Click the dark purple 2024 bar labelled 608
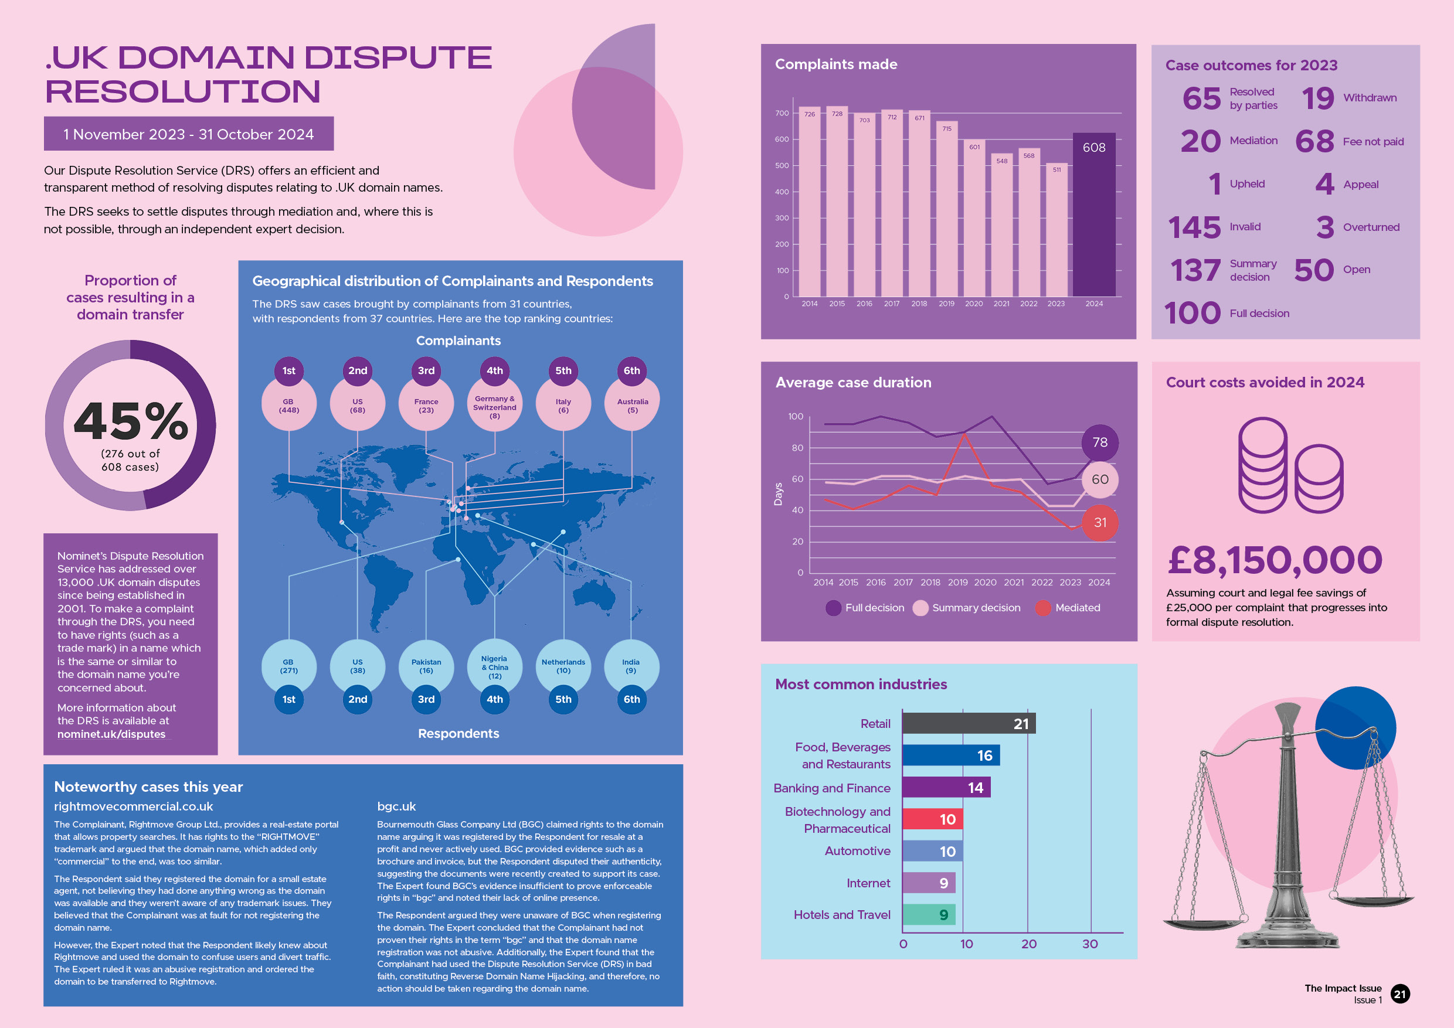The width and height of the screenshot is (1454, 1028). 1093,215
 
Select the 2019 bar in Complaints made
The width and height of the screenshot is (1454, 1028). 946,209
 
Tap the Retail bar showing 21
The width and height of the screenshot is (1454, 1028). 969,723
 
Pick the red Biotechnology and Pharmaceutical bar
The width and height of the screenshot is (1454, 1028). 932,819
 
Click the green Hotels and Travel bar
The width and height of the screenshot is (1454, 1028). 928,914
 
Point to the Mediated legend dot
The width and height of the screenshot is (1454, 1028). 1042,608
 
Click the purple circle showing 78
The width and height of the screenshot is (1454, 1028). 1100,442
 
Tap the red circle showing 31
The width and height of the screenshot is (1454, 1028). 1100,522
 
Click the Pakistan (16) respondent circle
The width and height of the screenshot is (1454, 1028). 426,666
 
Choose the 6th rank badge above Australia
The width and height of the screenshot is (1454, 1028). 631,370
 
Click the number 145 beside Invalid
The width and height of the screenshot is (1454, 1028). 1194,227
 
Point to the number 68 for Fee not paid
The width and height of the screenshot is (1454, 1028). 1314,141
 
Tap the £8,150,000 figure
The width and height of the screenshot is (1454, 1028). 1274,560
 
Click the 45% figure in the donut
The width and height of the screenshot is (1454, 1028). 131,421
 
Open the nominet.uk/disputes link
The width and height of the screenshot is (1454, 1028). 111,734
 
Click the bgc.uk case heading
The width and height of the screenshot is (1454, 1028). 396,806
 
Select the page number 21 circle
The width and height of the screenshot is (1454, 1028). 1399,994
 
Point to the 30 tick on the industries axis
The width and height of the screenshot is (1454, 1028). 1090,944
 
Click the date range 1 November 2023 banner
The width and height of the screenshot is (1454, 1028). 188,134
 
